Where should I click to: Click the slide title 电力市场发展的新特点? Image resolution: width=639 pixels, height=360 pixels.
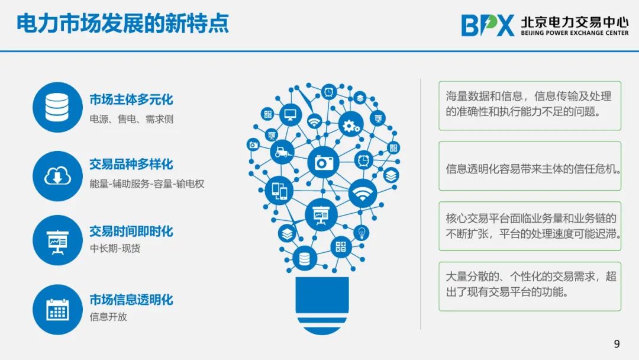pyautogui.click(x=122, y=23)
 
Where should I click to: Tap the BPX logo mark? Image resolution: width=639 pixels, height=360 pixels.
pyautogui.click(x=488, y=25)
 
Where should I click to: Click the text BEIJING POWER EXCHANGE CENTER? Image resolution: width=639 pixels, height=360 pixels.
pyautogui.click(x=575, y=33)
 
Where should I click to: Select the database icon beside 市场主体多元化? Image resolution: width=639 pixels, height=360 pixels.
pyautogui.click(x=57, y=107)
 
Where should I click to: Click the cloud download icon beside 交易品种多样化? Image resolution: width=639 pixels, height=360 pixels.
pyautogui.click(x=57, y=176)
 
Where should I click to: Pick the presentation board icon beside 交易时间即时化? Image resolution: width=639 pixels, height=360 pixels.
pyautogui.click(x=57, y=240)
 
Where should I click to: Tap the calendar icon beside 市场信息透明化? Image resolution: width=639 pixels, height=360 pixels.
pyautogui.click(x=57, y=310)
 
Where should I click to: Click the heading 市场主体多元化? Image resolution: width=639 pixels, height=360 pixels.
pyautogui.click(x=131, y=99)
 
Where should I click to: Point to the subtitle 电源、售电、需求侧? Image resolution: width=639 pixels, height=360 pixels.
pyautogui.click(x=131, y=119)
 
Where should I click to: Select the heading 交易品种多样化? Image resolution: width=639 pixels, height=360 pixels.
pyautogui.click(x=131, y=164)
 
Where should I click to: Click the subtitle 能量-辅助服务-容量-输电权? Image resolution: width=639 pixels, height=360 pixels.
pyautogui.click(x=147, y=184)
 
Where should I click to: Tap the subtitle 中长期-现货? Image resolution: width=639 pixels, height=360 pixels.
pyautogui.click(x=115, y=248)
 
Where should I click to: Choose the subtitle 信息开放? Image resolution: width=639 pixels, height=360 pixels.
pyautogui.click(x=108, y=317)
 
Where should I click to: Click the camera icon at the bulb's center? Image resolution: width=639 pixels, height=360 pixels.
pyautogui.click(x=323, y=163)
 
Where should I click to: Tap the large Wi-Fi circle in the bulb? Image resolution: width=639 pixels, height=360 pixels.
pyautogui.click(x=362, y=193)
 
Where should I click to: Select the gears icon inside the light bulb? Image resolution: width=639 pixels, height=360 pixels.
pyautogui.click(x=350, y=124)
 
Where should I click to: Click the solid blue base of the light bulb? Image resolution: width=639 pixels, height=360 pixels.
pyautogui.click(x=322, y=295)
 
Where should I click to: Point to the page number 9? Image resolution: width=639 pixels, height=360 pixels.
pyautogui.click(x=617, y=343)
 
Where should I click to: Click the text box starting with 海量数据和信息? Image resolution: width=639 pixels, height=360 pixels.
pyautogui.click(x=530, y=106)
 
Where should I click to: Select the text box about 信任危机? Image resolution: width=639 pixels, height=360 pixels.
pyautogui.click(x=530, y=166)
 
